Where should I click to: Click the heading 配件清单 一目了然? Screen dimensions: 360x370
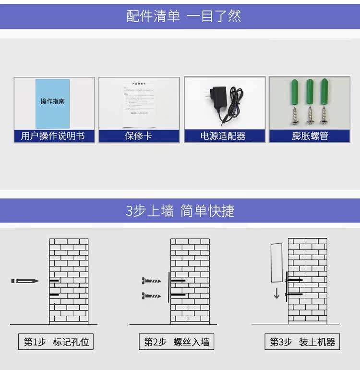pyautogui.click(x=183, y=16)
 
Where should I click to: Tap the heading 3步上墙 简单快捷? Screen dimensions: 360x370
pyautogui.click(x=180, y=210)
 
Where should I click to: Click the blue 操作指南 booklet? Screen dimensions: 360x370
pyautogui.click(x=52, y=103)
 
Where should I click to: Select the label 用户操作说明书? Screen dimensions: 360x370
pyautogui.click(x=53, y=136)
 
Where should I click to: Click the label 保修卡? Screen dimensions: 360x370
pyautogui.click(x=139, y=136)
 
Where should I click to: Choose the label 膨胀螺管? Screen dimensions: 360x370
pyautogui.click(x=310, y=136)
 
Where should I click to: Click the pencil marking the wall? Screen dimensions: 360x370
pyautogui.click(x=25, y=281)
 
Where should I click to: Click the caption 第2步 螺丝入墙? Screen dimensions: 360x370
pyautogui.click(x=177, y=342)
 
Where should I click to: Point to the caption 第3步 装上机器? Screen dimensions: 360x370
pyautogui.click(x=302, y=342)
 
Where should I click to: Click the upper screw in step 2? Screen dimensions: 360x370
pyautogui.click(x=152, y=280)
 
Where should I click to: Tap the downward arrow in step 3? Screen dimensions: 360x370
pyautogui.click(x=276, y=293)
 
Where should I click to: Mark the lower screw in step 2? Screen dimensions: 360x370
pyautogui.click(x=152, y=296)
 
